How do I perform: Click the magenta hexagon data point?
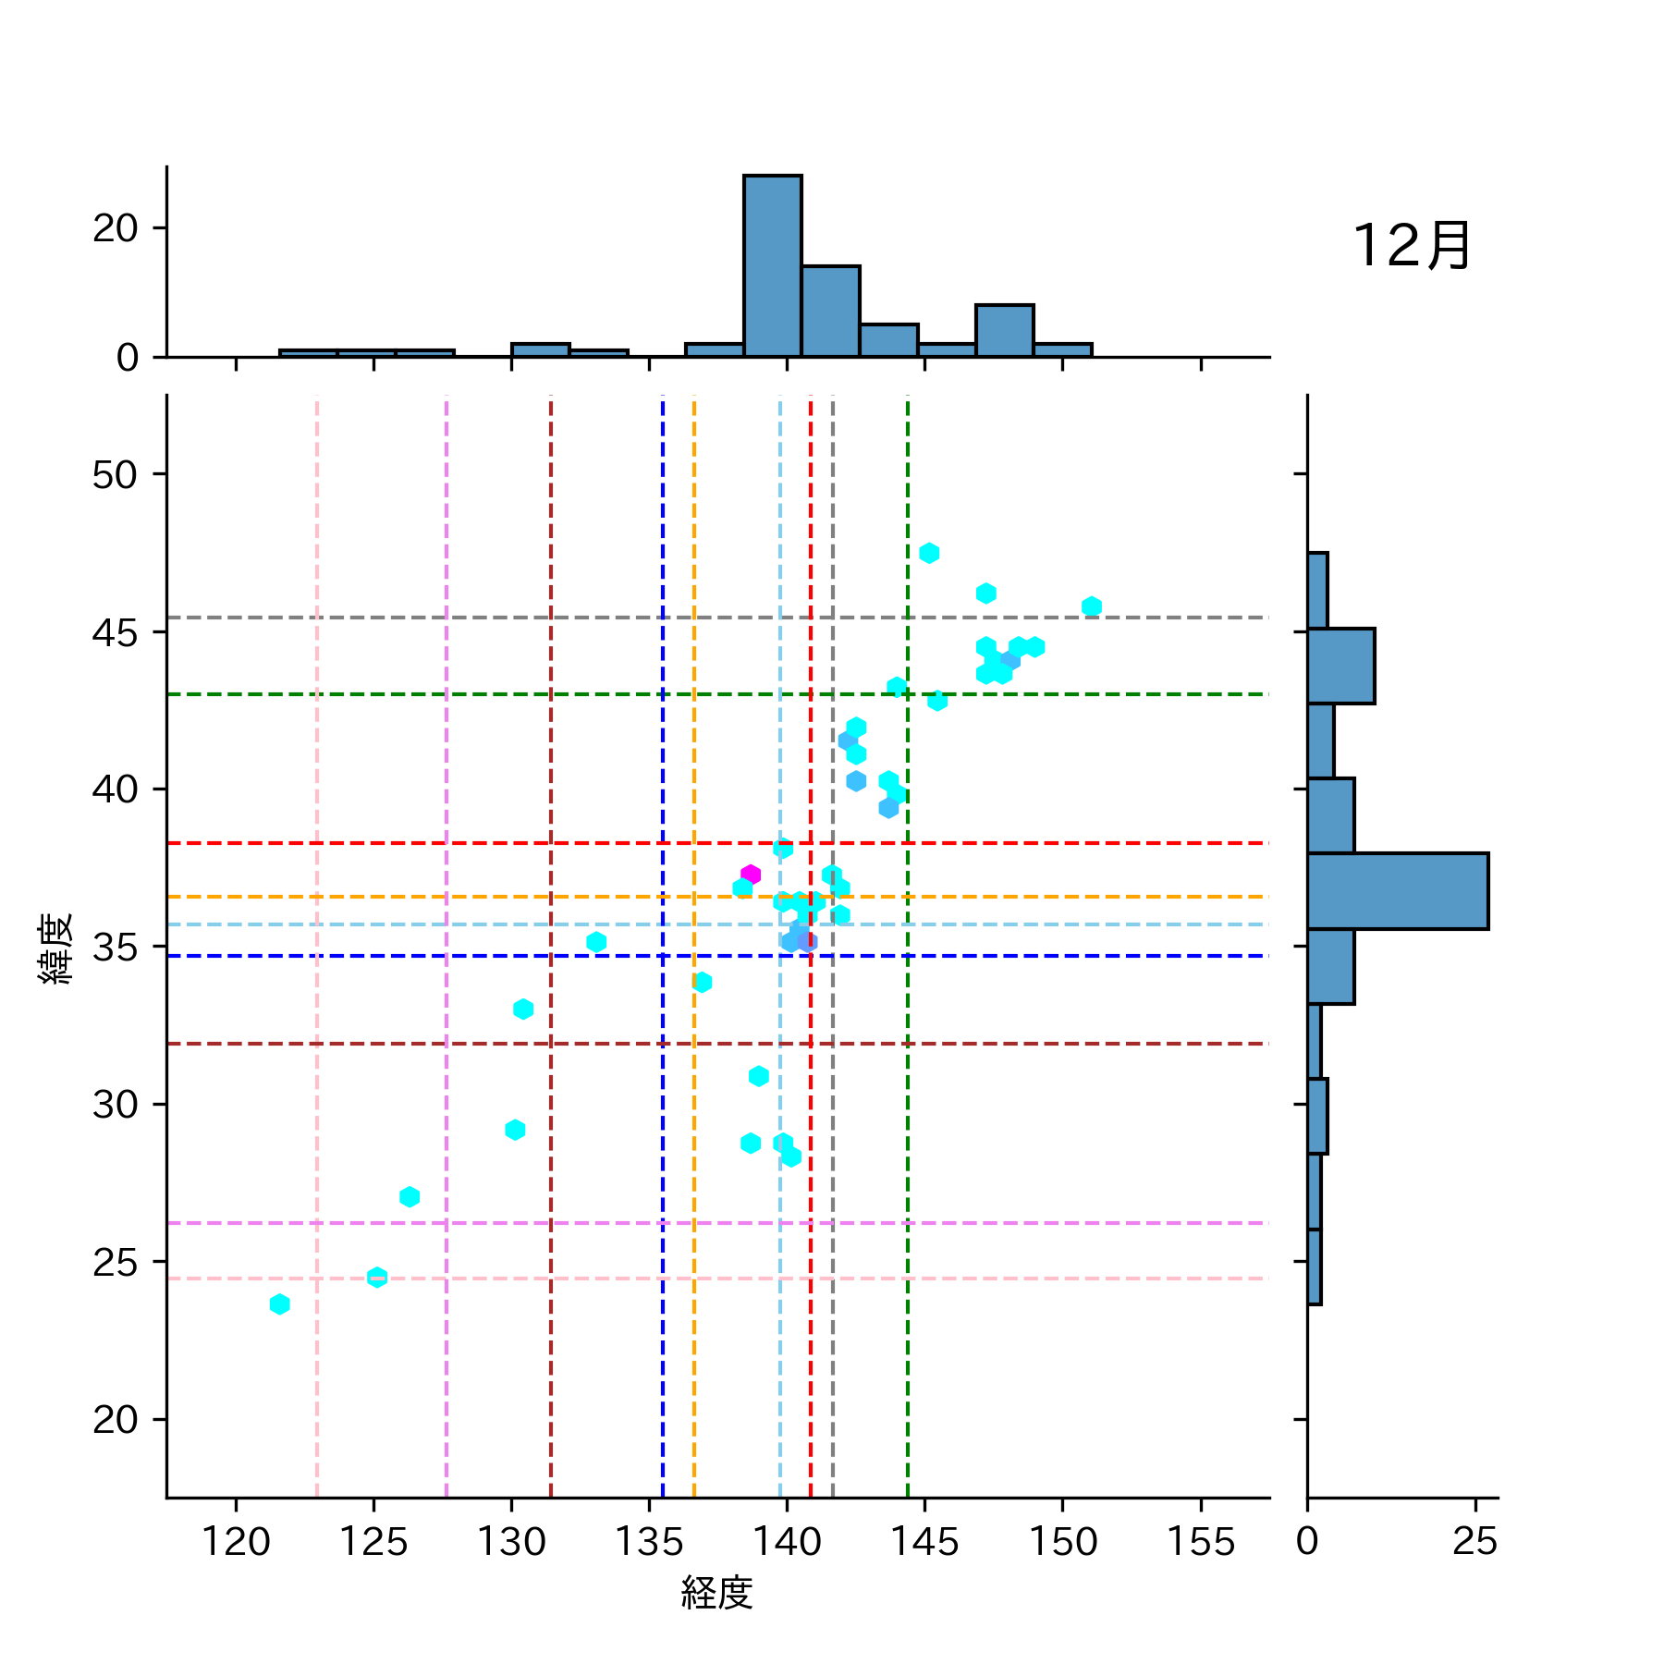pyautogui.click(x=751, y=875)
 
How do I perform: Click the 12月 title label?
pyautogui.click(x=1412, y=247)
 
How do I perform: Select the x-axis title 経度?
pyautogui.click(x=717, y=1592)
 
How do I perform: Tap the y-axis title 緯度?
pyautogui.click(x=56, y=948)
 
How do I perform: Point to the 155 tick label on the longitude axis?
pyautogui.click(x=1200, y=1541)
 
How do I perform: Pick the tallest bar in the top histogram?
pyautogui.click(x=773, y=266)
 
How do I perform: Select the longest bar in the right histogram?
pyautogui.click(x=1397, y=891)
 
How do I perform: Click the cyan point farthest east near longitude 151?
pyautogui.click(x=1091, y=606)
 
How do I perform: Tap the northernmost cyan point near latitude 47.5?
pyautogui.click(x=929, y=553)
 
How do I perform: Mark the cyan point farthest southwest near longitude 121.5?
pyautogui.click(x=280, y=1304)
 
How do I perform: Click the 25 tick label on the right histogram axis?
pyautogui.click(x=1474, y=1541)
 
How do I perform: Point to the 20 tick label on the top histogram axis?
pyautogui.click(x=116, y=228)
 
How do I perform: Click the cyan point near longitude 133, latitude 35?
pyautogui.click(x=596, y=942)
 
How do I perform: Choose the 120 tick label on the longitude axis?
pyautogui.click(x=236, y=1541)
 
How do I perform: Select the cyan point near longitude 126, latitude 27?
pyautogui.click(x=410, y=1197)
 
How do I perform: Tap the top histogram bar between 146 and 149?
pyautogui.click(x=1004, y=331)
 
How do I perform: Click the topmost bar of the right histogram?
pyautogui.click(x=1317, y=591)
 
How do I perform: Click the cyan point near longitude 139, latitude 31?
pyautogui.click(x=759, y=1076)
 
